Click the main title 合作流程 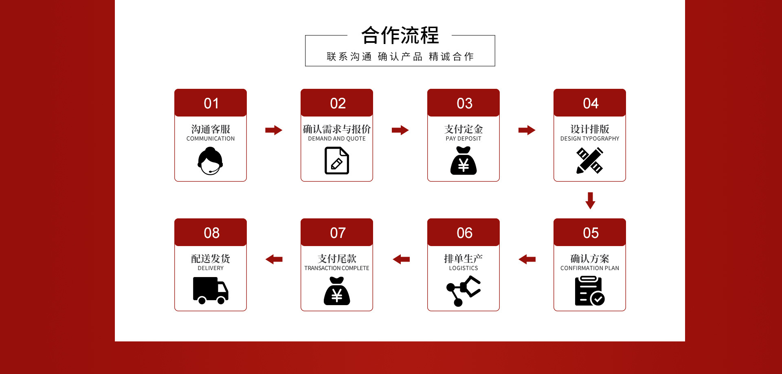pos(400,35)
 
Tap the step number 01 pos(211,103)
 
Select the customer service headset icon pos(210,161)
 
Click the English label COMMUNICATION pos(211,139)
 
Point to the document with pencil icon pos(337,161)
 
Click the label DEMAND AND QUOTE pos(337,139)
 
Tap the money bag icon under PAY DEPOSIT pos(463,161)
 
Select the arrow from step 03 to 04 pos(527,130)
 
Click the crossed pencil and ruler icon pos(590,161)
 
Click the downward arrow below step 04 pos(590,200)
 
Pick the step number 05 pos(591,233)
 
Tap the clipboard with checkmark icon pos(589,291)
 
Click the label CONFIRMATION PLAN pos(590,268)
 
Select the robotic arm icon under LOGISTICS pos(463,290)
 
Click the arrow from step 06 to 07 pos(401,259)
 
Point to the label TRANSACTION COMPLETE pos(337,268)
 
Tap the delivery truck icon pos(211,290)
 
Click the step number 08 pos(211,233)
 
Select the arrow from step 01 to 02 pos(274,130)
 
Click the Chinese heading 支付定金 pos(463,129)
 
